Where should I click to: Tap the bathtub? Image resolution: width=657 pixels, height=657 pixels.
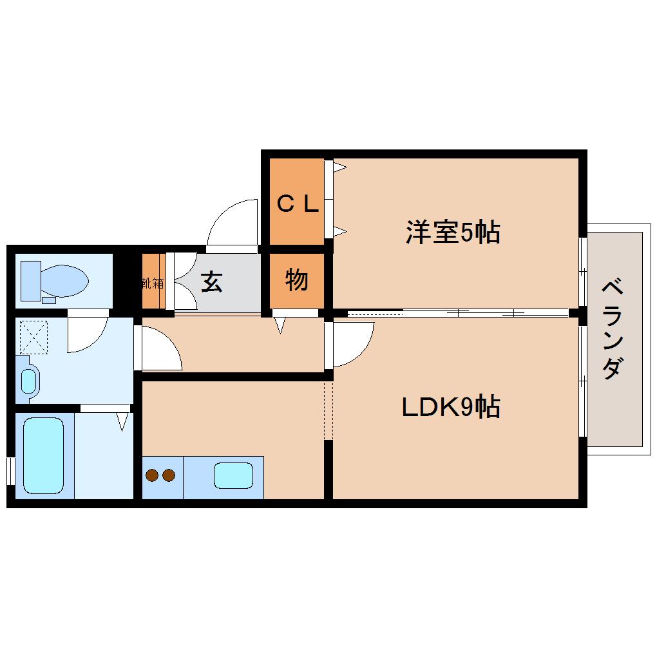click(44, 455)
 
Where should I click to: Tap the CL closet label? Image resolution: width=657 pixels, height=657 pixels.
click(297, 204)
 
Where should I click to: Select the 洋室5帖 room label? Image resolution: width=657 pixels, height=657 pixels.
click(453, 232)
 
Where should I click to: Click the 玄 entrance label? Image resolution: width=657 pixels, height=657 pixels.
click(211, 281)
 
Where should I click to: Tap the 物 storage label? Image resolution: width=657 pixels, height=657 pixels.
click(296, 280)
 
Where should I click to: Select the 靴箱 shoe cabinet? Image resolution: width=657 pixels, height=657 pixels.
click(153, 282)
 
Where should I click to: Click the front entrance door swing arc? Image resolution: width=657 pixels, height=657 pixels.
click(232, 222)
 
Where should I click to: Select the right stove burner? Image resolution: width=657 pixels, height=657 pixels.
click(169, 476)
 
